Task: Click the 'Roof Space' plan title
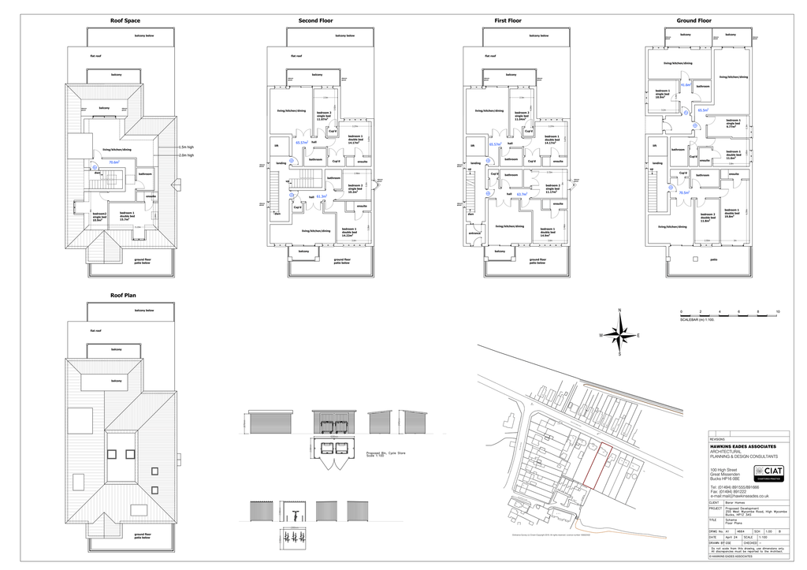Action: [125, 20]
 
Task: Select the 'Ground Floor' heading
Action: [694, 20]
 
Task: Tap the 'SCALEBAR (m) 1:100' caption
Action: [698, 320]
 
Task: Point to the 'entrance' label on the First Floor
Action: [474, 233]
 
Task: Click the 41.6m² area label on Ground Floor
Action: [686, 85]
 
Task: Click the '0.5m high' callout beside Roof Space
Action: [186, 147]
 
